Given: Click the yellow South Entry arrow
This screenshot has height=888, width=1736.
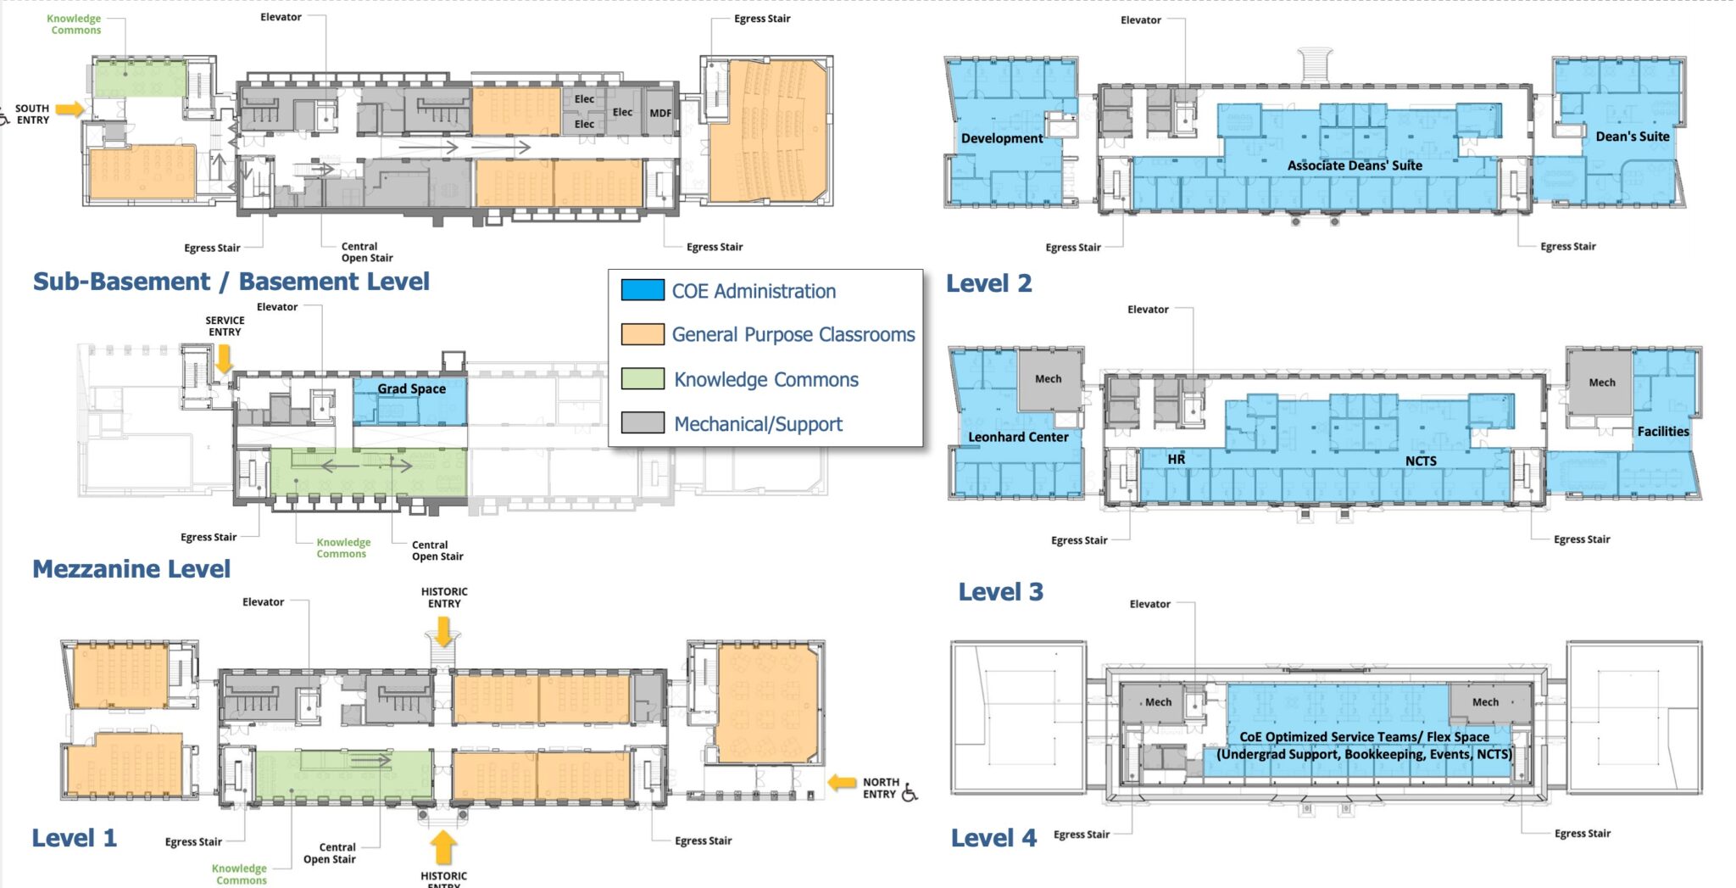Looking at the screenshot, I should [x=71, y=109].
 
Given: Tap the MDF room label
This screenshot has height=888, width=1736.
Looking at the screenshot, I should [x=660, y=113].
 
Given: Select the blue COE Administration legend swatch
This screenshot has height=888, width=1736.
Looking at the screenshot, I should [x=642, y=290].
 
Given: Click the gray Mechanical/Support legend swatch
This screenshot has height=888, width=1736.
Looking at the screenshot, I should [x=642, y=423].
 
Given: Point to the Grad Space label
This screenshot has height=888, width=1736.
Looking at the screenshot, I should [x=411, y=388].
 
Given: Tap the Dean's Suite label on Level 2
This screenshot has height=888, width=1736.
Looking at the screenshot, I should [x=1632, y=137].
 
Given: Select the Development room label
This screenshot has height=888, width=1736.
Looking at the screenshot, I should [x=1001, y=138].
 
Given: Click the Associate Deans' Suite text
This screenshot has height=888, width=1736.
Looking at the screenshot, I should [x=1355, y=165].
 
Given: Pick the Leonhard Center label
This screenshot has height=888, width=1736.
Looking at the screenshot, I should [x=1017, y=437].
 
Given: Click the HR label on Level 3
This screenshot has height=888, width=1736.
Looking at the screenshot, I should [x=1176, y=459].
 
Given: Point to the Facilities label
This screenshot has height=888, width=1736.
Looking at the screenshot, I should [x=1662, y=432].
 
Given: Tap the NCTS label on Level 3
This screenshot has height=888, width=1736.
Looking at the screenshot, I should [x=1421, y=461].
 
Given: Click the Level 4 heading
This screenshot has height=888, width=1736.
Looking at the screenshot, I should [x=993, y=838].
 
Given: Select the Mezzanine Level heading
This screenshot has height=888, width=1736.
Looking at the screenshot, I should [x=131, y=568].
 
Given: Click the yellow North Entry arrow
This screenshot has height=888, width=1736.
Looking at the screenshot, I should [x=841, y=783].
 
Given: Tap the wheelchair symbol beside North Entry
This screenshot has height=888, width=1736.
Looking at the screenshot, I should [x=910, y=793].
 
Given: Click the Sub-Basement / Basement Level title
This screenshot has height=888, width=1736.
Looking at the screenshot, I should [x=231, y=281].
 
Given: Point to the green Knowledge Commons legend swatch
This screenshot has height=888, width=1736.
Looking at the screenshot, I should [x=642, y=379].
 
